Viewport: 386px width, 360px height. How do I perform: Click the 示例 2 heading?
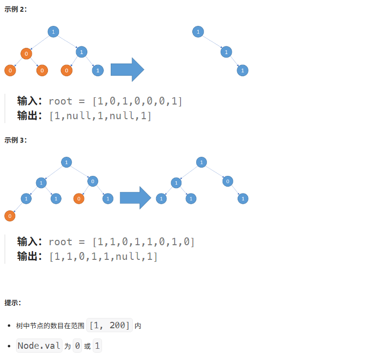[x=16, y=10]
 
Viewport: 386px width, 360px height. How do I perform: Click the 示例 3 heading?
[x=16, y=140]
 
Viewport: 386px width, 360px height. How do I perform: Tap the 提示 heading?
[x=13, y=303]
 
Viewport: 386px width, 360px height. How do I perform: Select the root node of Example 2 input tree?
[x=53, y=32]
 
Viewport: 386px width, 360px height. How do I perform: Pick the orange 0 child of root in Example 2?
[x=26, y=53]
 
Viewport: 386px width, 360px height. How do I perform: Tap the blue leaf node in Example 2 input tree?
[x=98, y=71]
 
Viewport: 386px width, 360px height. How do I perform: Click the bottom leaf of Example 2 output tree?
[x=243, y=71]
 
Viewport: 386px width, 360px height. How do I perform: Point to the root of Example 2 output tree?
[x=198, y=32]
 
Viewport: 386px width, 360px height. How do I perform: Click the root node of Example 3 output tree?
[x=202, y=162]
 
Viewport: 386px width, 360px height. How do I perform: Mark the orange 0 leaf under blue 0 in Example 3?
[x=79, y=199]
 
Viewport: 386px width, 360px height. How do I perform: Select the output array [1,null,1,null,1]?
[x=101, y=116]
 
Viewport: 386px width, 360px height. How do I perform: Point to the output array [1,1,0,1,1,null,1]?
[x=103, y=256]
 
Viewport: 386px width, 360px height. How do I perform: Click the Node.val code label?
[x=39, y=346]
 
